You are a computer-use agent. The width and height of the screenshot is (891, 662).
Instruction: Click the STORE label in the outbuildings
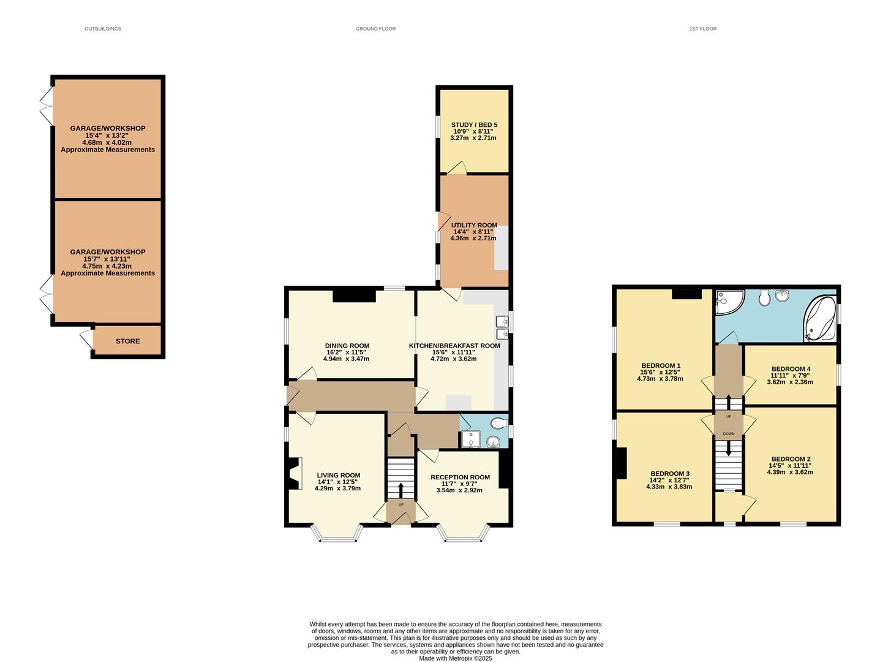[x=127, y=341]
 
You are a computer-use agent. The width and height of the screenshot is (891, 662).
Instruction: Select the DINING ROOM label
[x=347, y=346]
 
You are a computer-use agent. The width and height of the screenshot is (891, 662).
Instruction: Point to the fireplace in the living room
[x=295, y=474]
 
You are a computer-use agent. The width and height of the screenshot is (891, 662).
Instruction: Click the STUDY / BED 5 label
[x=475, y=125]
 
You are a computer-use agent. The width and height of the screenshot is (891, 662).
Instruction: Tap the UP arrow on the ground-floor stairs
[x=401, y=490]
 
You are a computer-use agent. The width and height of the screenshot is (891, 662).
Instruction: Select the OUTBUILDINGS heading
[x=103, y=29]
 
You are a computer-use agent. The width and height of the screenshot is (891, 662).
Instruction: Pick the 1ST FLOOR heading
[x=702, y=29]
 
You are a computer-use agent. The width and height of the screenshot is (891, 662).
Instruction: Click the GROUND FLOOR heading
[x=375, y=29]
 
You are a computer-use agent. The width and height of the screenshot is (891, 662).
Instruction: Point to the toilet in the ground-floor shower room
[x=498, y=422]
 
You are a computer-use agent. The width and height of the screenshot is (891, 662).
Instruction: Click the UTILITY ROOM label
[x=474, y=226]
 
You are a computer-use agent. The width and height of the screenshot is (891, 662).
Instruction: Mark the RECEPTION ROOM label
[x=460, y=477]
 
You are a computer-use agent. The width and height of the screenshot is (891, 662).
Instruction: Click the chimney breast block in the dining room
[x=354, y=295]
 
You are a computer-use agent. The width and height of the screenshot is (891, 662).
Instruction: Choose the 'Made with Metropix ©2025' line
[x=455, y=658]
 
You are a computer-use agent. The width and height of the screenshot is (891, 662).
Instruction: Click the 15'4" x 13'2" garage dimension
[x=107, y=135]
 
